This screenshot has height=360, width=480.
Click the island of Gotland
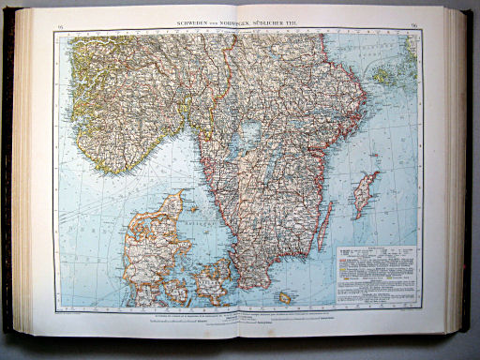pos(365,193)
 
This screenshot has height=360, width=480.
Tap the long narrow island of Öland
pos(324,225)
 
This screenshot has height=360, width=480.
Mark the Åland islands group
pos(384,73)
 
